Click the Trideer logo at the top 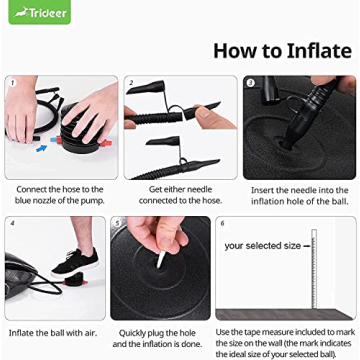[40, 12]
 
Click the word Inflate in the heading [319, 51]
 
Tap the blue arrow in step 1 [42, 147]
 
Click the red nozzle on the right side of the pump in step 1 [107, 143]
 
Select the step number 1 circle [12, 83]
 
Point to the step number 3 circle [250, 83]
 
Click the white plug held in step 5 [161, 259]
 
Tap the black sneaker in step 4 [75, 262]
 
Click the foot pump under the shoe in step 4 [74, 279]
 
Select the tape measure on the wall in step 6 [313, 268]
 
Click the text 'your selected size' [263, 246]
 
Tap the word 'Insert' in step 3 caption [261, 190]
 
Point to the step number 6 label [222, 223]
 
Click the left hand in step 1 [21, 110]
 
